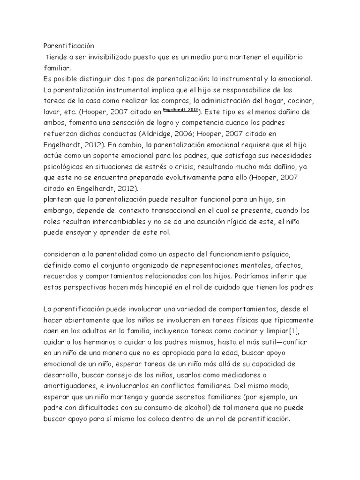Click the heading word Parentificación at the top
point(69,46)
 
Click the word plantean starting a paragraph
point(58,199)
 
